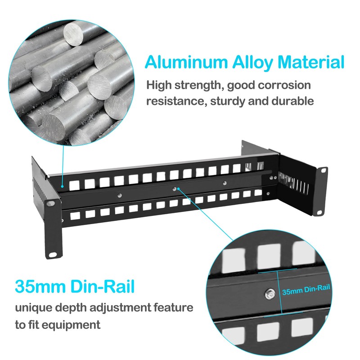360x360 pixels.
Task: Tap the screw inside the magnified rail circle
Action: pyautogui.click(x=269, y=294)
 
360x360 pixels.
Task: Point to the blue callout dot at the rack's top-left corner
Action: pyautogui.click(x=63, y=184)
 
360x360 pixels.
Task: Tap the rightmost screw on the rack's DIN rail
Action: pyautogui.click(x=225, y=184)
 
